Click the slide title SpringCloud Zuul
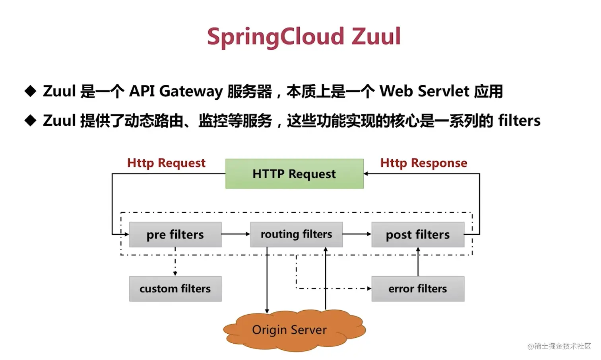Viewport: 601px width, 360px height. (x=304, y=37)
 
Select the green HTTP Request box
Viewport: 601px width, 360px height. (x=294, y=174)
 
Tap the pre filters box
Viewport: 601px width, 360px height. (x=175, y=235)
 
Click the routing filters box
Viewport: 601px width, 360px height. (x=296, y=235)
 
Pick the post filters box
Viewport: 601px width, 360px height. (x=417, y=235)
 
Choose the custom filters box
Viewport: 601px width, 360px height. (x=175, y=289)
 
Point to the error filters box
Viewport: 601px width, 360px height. (x=417, y=289)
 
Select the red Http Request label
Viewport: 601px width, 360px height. (x=166, y=163)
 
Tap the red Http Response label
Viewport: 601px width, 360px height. (x=423, y=163)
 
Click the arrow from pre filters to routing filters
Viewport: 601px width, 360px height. (x=236, y=234)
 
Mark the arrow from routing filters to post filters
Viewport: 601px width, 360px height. (x=357, y=234)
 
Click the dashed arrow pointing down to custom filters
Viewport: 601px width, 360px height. (x=175, y=263)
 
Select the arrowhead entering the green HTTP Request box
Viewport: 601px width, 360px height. (x=366, y=174)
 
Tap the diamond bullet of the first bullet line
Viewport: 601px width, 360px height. (x=30, y=91)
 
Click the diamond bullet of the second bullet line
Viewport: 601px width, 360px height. (x=30, y=121)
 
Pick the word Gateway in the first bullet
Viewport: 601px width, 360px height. (x=191, y=91)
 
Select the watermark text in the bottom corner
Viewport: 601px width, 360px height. (x=559, y=346)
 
